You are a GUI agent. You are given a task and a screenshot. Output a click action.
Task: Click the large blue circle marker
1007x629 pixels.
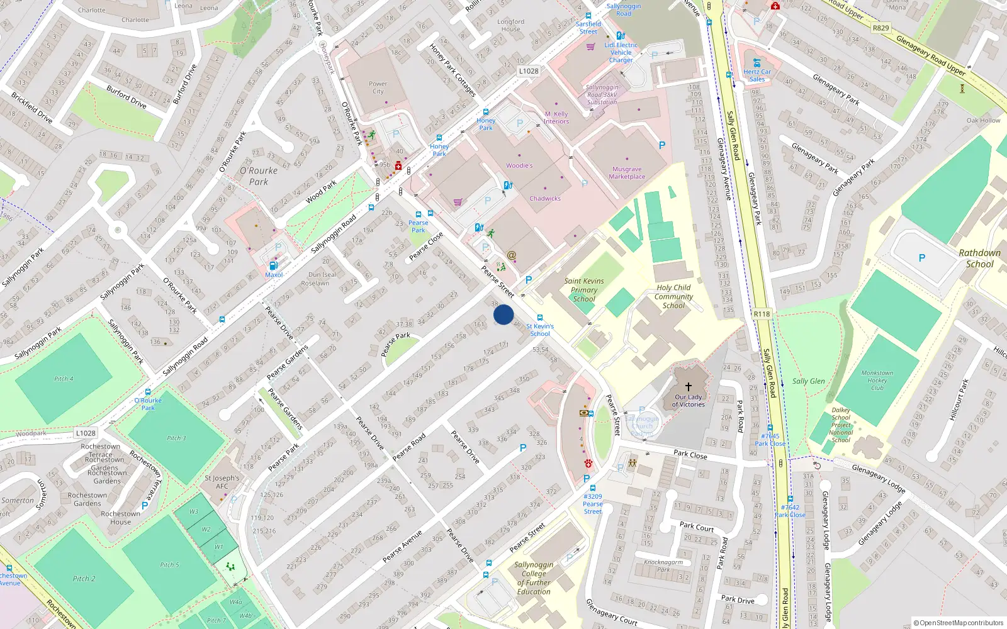503,314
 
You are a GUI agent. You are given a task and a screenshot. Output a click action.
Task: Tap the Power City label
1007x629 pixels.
378,87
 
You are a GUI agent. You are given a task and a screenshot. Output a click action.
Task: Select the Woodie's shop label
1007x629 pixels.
519,166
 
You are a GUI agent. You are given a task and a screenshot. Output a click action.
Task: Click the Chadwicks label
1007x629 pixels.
545,199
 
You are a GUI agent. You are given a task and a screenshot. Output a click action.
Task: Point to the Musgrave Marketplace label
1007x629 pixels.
627,173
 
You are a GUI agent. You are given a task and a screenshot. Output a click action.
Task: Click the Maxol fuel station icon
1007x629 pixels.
273,266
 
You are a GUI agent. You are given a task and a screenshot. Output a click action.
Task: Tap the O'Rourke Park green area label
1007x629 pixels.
258,176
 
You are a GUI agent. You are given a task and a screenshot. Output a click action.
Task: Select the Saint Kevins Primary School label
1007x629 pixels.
584,290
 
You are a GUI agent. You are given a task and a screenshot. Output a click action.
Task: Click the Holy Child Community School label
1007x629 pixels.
673,296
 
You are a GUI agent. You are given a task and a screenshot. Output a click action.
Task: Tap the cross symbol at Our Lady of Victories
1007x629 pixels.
689,387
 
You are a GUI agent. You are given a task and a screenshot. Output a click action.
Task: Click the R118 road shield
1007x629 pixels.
762,314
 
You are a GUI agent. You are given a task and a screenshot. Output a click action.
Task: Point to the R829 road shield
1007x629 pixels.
880,28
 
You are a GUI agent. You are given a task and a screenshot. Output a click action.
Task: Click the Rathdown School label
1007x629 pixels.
979,259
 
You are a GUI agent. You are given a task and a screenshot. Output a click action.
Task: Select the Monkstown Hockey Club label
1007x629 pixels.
877,381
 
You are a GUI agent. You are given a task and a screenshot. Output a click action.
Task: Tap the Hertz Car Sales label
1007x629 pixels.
757,75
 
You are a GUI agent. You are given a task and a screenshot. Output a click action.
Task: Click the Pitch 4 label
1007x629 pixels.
64,379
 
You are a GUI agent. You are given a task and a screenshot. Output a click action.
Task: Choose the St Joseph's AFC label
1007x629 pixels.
222,482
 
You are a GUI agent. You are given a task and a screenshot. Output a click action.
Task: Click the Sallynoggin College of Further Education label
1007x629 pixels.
534,578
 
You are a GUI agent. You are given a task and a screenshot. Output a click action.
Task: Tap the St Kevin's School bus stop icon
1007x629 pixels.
540,318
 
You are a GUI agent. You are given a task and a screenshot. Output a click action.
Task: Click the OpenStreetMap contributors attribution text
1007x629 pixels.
959,623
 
